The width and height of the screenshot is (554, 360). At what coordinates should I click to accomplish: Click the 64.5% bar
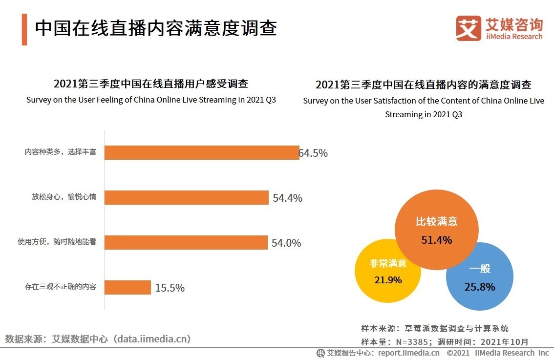(x=202, y=153)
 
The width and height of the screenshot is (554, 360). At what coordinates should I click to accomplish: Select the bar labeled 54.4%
(x=187, y=198)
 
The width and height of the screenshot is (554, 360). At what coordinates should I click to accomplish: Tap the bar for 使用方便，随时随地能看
(x=186, y=243)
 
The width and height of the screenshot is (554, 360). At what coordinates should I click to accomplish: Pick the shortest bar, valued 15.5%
(x=128, y=288)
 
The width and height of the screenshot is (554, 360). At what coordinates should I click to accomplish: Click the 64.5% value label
(x=313, y=153)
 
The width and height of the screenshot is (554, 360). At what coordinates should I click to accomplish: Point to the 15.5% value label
(x=170, y=288)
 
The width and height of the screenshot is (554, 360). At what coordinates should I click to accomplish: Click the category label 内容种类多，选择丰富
(x=61, y=152)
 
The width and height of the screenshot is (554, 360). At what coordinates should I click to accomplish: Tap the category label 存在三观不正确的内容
(x=61, y=287)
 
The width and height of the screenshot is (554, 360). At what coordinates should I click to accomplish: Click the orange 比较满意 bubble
(x=436, y=215)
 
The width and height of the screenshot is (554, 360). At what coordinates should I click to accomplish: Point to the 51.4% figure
(x=437, y=240)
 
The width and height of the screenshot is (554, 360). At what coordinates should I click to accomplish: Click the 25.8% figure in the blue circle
(x=480, y=287)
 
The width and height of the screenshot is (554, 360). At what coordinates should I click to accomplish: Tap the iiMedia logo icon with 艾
(x=469, y=29)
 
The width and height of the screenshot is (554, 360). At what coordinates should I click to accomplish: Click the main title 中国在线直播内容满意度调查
(x=156, y=28)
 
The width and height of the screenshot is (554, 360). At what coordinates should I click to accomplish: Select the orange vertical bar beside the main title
(x=24, y=29)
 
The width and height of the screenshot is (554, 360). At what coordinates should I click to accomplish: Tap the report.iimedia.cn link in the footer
(x=408, y=353)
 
